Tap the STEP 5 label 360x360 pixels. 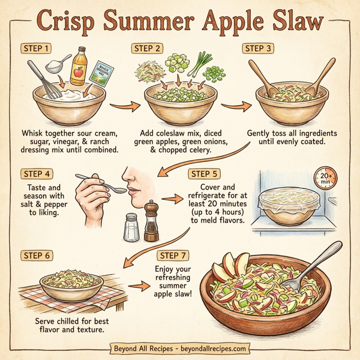(x=204, y=174)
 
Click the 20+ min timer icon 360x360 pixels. (x=326, y=178)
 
